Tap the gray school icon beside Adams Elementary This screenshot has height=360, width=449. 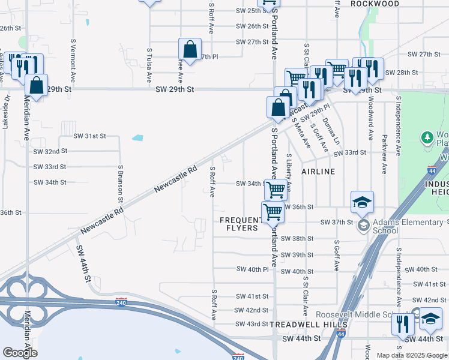point(363,226)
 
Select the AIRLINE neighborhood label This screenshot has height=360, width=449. point(318,172)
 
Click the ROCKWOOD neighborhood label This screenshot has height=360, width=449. point(375,4)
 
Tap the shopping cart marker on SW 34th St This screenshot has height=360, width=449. point(276,190)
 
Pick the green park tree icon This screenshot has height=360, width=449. point(427,137)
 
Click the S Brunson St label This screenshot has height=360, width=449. point(121,184)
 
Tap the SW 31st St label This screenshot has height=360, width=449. point(89,136)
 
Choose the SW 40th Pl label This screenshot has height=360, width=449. point(252,269)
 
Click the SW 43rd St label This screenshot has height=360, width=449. point(252,324)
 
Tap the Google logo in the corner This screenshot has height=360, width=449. point(19,353)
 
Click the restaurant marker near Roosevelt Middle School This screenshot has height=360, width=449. point(403,323)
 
